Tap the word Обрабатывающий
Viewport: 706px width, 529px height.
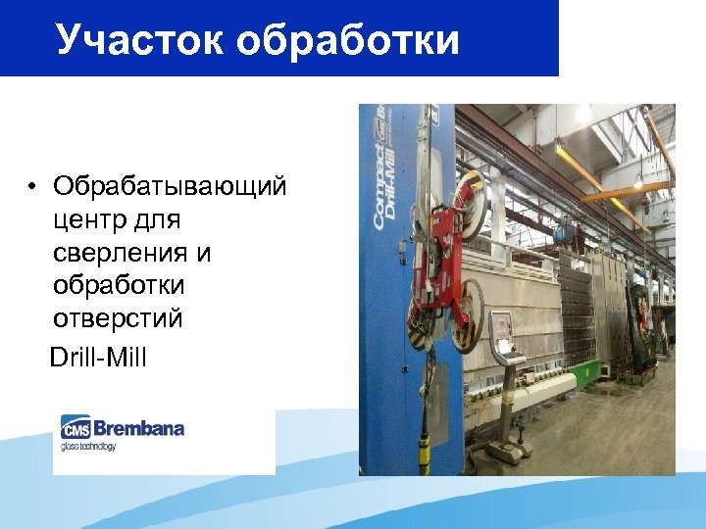pyautogui.click(x=170, y=186)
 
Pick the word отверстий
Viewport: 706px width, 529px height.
pyautogui.click(x=119, y=319)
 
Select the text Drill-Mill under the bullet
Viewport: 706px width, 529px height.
pyautogui.click(x=98, y=356)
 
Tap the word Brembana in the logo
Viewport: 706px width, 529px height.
pyautogui.click(x=138, y=428)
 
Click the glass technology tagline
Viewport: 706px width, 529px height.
pyautogui.click(x=88, y=447)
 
